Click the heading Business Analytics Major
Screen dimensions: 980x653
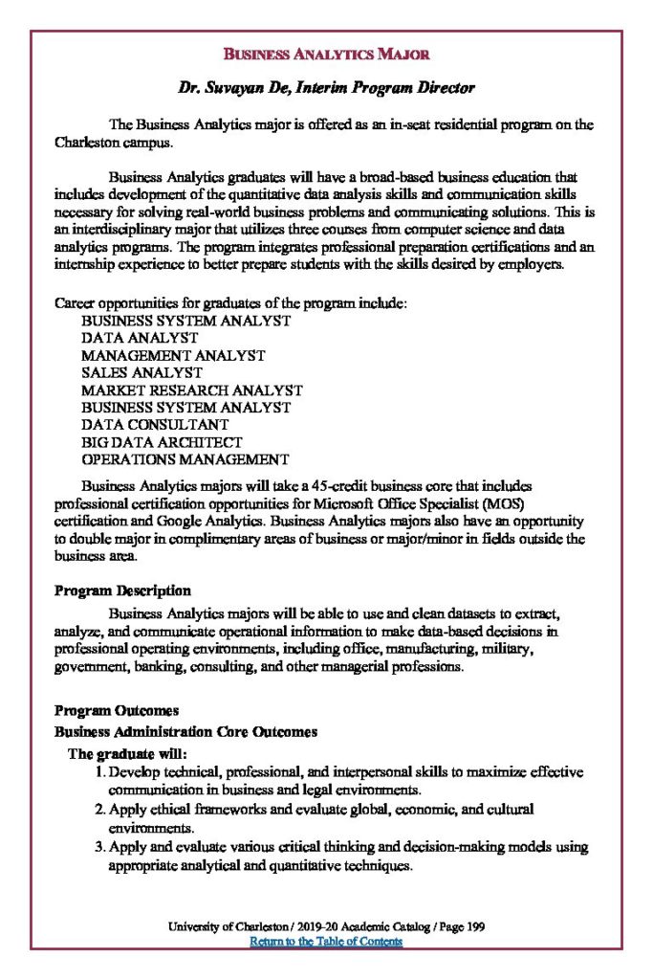326,54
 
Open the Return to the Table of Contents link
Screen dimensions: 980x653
326,942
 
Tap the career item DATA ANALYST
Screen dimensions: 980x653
140,338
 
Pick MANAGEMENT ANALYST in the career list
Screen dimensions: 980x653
173,355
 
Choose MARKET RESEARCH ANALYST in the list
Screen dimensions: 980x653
191,390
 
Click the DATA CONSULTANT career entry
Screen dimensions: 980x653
155,424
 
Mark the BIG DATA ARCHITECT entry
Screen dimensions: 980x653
162,442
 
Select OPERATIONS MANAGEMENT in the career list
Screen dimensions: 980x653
185,459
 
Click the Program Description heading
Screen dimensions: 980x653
122,590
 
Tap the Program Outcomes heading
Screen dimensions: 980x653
117,711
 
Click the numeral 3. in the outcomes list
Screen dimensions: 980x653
99,847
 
